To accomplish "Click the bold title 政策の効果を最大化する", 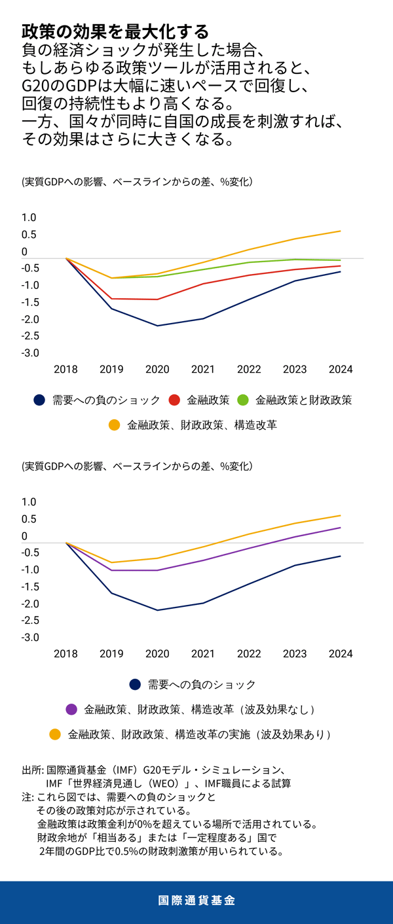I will coord(115,31).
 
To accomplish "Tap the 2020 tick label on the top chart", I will coord(157,369).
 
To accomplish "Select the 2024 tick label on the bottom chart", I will coord(341,654).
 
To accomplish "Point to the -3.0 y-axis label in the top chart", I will coord(31,353).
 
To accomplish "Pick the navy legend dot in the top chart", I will coord(39,400).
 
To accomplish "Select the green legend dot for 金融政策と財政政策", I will coord(242,400).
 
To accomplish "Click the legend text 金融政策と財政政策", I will coord(303,400).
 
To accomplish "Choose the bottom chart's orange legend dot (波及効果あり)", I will coord(56,734).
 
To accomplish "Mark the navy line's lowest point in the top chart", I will coord(157,326).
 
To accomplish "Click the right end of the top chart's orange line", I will coord(341,231).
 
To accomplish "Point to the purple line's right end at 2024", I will coord(341,527).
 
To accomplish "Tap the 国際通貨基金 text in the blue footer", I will coord(196,900).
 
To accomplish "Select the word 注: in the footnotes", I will coord(28,798).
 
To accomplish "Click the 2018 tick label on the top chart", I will coord(65,369).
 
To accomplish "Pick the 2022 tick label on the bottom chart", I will coord(249,654).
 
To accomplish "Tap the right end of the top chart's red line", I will coord(341,265).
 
